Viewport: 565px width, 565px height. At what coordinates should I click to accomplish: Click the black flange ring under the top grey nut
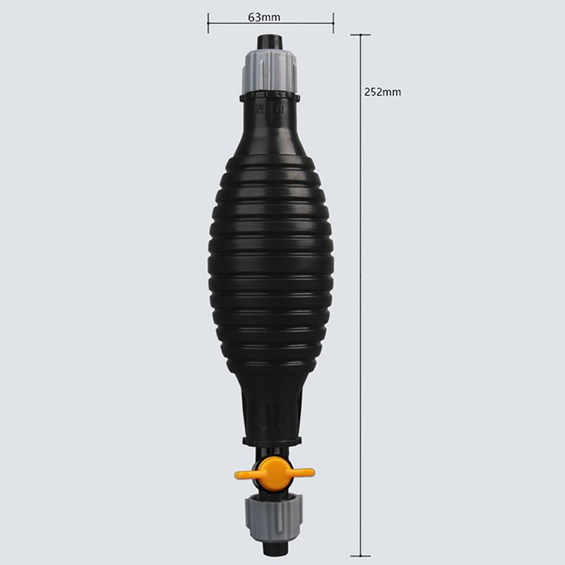point(271,95)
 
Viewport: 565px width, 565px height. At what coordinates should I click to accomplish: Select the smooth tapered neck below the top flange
point(271,131)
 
